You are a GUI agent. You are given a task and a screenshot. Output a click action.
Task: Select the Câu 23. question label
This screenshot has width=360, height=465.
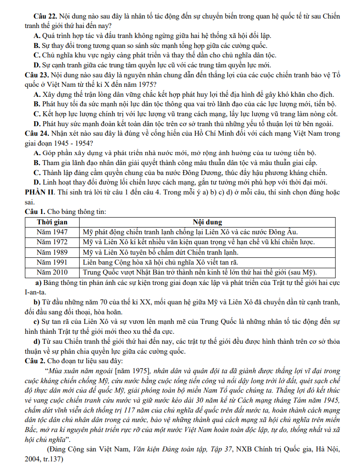(37, 74)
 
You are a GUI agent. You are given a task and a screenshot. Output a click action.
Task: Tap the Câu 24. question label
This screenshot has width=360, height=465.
(37, 133)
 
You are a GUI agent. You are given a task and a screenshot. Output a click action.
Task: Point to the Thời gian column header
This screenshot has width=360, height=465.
(52, 222)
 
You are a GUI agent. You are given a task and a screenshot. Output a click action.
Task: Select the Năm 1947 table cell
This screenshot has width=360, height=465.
(52, 232)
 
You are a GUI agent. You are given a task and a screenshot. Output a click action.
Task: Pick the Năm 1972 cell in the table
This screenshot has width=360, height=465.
(52, 242)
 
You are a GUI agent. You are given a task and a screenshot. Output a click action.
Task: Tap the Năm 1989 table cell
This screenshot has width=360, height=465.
(52, 252)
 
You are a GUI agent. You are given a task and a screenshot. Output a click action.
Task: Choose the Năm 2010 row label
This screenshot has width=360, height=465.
(52, 272)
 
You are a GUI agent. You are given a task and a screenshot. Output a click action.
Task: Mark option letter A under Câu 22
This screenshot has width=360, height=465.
(37, 36)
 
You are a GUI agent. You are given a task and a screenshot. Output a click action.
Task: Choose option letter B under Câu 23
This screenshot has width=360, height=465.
(37, 104)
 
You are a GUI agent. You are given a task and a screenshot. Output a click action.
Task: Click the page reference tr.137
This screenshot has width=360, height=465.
(50, 459)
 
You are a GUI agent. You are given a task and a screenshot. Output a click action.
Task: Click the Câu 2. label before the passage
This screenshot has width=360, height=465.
(37, 361)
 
